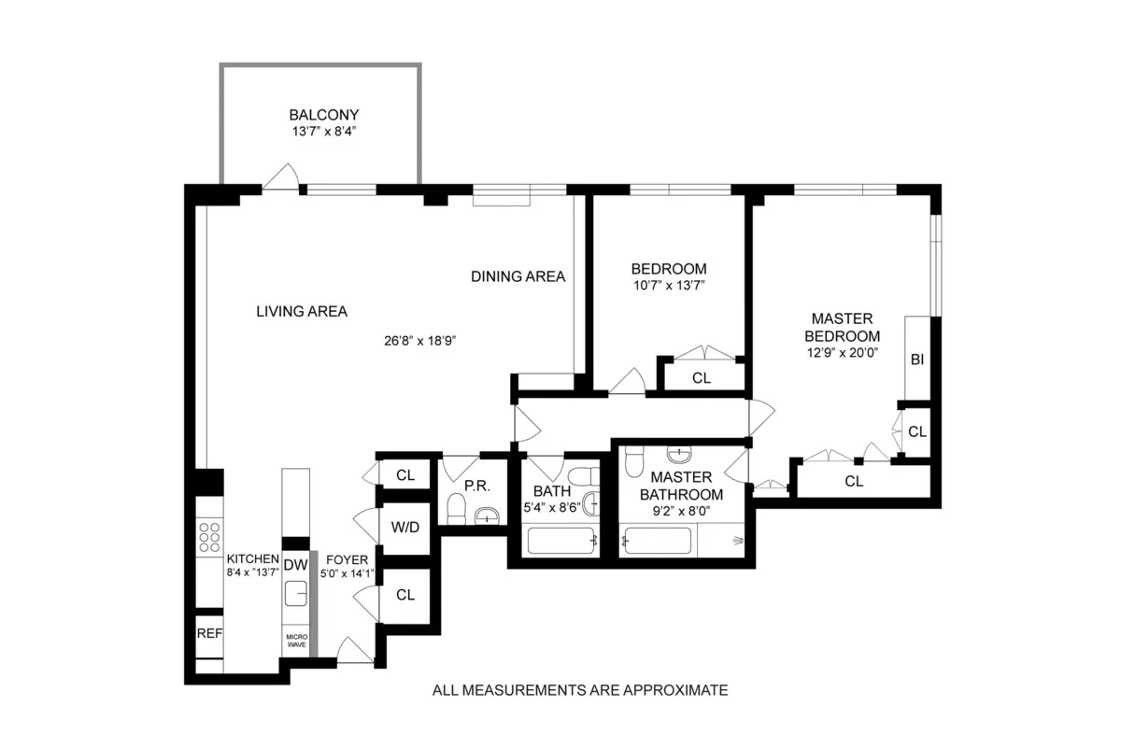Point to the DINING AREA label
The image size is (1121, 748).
(x=518, y=276)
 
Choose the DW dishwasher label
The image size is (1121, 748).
(x=295, y=564)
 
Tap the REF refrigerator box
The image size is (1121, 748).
(x=208, y=633)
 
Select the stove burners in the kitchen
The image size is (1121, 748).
(x=209, y=538)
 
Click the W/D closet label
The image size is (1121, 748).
(x=405, y=528)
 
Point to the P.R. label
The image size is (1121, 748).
(x=477, y=487)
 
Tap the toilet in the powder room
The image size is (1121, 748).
(x=457, y=509)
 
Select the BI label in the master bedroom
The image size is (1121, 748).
(x=916, y=360)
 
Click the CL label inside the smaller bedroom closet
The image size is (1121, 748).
(x=702, y=378)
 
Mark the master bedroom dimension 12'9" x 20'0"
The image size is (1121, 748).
(x=844, y=353)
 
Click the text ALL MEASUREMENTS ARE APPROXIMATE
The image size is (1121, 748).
(x=579, y=691)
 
